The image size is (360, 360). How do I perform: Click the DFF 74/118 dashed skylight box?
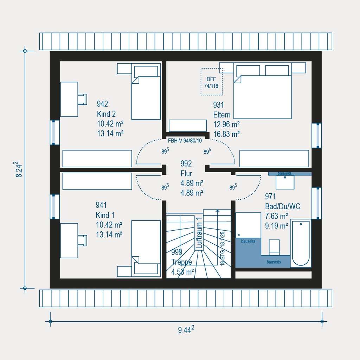click(x=211, y=82)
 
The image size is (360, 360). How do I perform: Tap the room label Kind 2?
click(x=106, y=114)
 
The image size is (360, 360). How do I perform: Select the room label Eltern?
click(x=222, y=115)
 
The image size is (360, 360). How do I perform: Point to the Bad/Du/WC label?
click(x=283, y=206)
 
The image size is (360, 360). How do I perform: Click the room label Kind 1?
click(x=105, y=215)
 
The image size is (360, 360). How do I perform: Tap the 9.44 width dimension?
click(x=186, y=329)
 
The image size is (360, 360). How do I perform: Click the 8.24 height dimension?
click(x=19, y=169)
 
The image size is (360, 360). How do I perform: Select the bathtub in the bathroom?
click(x=301, y=243)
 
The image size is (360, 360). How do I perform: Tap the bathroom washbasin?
click(x=285, y=182)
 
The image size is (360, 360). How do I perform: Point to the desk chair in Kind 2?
click(x=82, y=99)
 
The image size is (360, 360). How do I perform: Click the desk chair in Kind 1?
click(x=82, y=240)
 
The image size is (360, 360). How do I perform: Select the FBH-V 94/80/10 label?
click(x=185, y=141)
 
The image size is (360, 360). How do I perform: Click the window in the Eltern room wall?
click(x=316, y=135)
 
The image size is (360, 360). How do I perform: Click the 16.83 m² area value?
click(x=226, y=134)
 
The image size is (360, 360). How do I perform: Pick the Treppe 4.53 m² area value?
click(x=182, y=271)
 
